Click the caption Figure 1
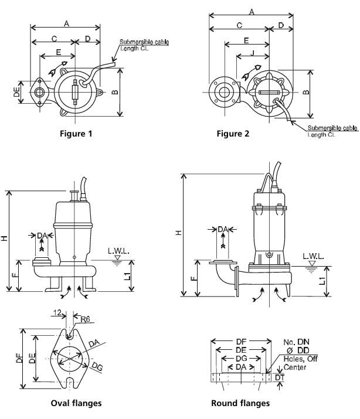tap(76, 134)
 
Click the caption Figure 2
tap(233, 134)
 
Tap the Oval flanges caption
tap(76, 403)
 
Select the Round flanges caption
tap(240, 403)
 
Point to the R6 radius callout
tap(85, 319)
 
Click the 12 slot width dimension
tap(57, 312)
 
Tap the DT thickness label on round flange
tap(280, 377)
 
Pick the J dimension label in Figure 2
tap(252, 53)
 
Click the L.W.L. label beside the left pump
tap(118, 251)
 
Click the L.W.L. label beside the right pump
tap(313, 256)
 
